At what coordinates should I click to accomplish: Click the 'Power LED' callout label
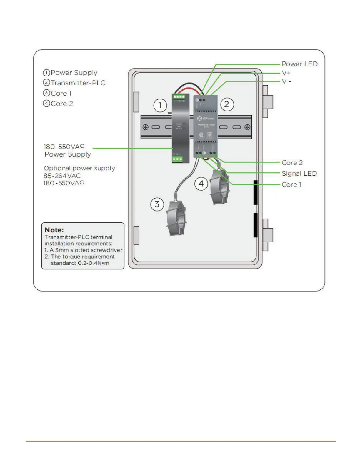coord(299,64)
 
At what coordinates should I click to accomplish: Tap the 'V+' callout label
coord(286,73)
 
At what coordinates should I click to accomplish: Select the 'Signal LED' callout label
coord(299,174)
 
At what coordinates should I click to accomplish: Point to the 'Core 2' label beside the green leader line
coord(292,163)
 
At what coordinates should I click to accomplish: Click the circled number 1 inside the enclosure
coord(160,105)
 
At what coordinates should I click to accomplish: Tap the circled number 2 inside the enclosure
coord(226,104)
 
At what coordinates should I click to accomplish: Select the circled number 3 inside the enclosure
coord(157,204)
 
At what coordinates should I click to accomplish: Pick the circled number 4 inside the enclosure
coord(201,184)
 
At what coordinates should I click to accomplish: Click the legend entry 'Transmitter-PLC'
coord(78,83)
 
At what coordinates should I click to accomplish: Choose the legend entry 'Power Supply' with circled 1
coord(74,73)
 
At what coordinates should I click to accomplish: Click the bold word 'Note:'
coord(54,230)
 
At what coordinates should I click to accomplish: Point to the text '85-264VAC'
coord(62,176)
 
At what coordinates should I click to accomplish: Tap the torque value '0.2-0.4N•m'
coord(94,263)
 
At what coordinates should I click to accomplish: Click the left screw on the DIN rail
coord(146,127)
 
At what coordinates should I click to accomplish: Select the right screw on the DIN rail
coord(247,127)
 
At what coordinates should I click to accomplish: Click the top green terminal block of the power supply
coord(179,97)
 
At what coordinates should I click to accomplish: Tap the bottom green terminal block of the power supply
coord(177,159)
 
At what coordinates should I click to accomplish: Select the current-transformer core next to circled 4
coord(219,187)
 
